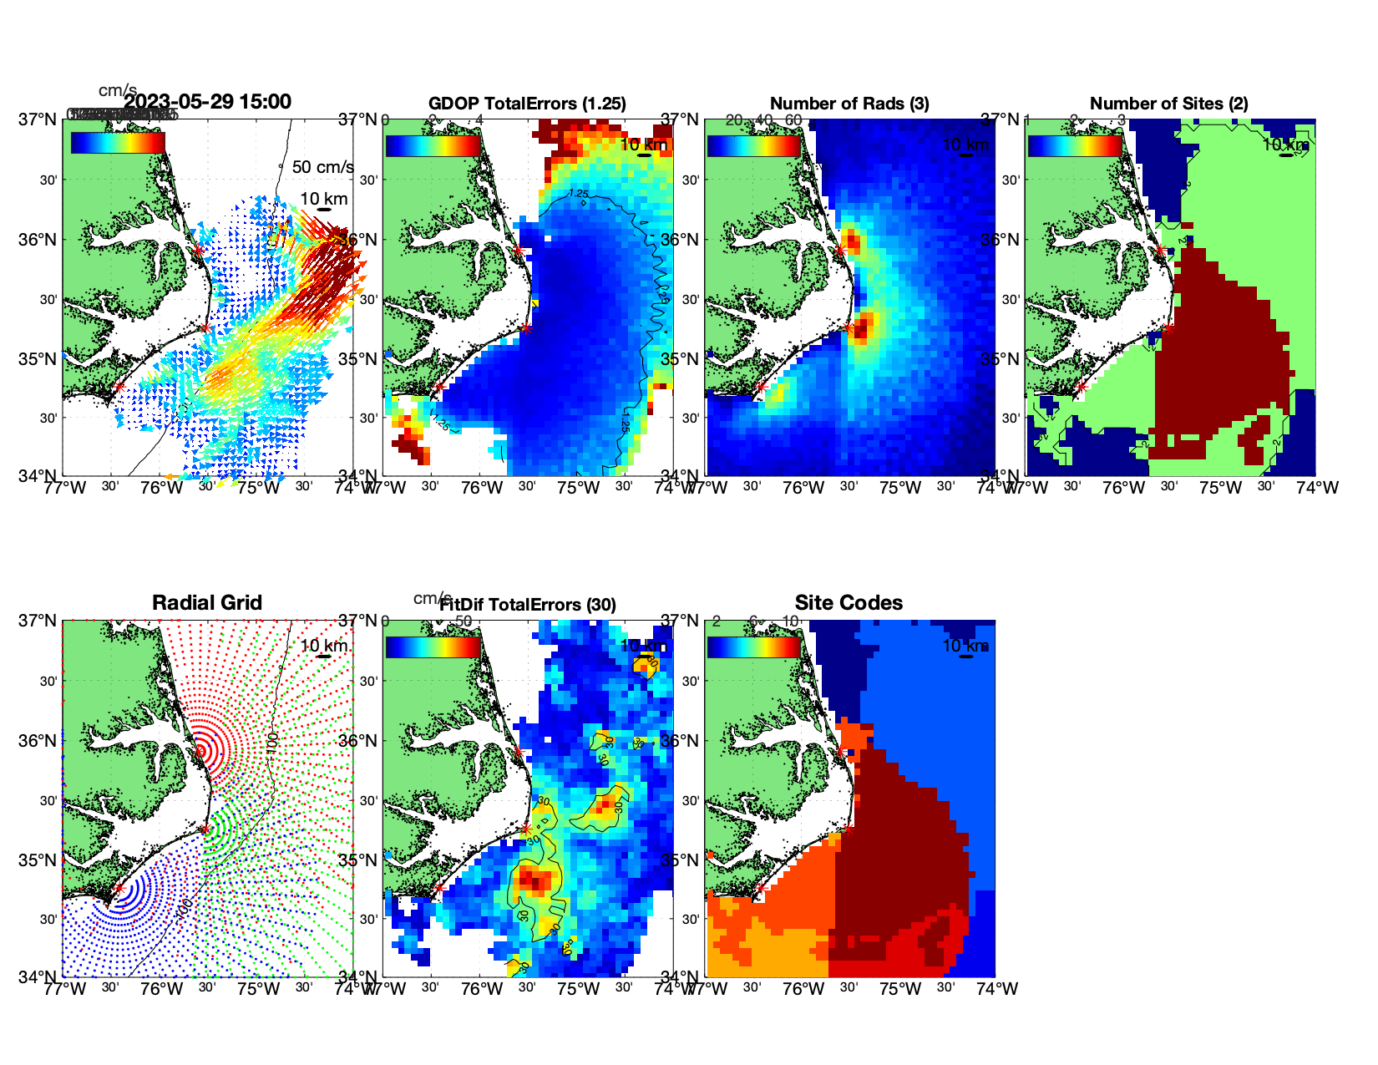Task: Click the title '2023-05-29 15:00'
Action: tap(207, 102)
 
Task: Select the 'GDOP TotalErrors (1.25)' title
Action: tap(527, 104)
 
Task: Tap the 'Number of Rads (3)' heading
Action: tap(849, 104)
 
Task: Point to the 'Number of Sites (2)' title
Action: tap(1169, 104)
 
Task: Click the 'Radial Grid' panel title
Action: tap(207, 603)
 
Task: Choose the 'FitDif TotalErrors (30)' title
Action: tap(527, 605)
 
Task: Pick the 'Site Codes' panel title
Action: tap(849, 603)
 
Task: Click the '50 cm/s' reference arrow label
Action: tap(322, 167)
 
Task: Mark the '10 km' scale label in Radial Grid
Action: tap(324, 646)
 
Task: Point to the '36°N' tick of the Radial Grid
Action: tap(38, 741)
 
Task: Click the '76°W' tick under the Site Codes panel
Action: tap(803, 989)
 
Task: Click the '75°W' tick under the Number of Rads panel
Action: tap(900, 488)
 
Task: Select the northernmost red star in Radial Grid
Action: tap(199, 751)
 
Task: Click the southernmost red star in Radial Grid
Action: tap(119, 889)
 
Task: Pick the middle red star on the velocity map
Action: tap(205, 327)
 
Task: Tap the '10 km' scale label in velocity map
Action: tap(324, 199)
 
